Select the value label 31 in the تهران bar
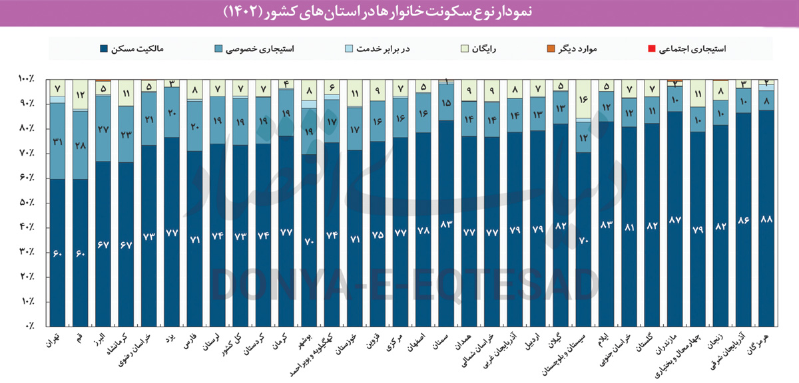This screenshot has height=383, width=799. [58, 142]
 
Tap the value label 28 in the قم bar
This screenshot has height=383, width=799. [81, 146]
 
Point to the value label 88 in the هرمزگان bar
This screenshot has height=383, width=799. [766, 219]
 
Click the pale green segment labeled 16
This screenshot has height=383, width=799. [583, 99]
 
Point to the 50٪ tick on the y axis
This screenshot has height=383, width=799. [29, 203]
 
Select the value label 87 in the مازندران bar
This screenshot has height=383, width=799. [674, 219]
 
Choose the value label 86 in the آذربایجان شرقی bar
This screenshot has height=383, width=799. [743, 219]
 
